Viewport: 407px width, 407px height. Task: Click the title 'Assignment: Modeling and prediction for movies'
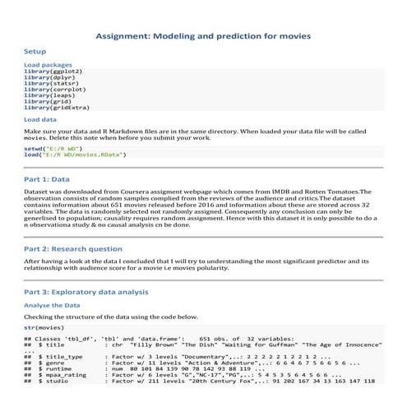[203, 37]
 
